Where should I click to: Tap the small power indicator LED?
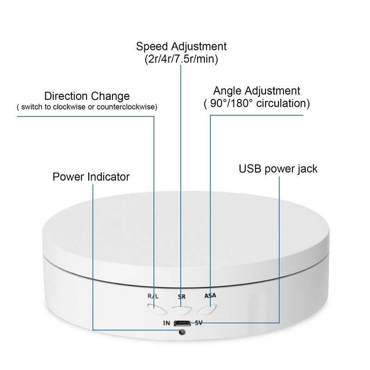pos(182,334)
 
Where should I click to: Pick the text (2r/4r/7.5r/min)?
pos(181,59)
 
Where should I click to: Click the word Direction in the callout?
pos(65,96)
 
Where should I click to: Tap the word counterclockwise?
pos(130,107)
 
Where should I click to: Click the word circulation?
pos(282,103)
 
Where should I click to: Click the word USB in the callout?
pos(249,168)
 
